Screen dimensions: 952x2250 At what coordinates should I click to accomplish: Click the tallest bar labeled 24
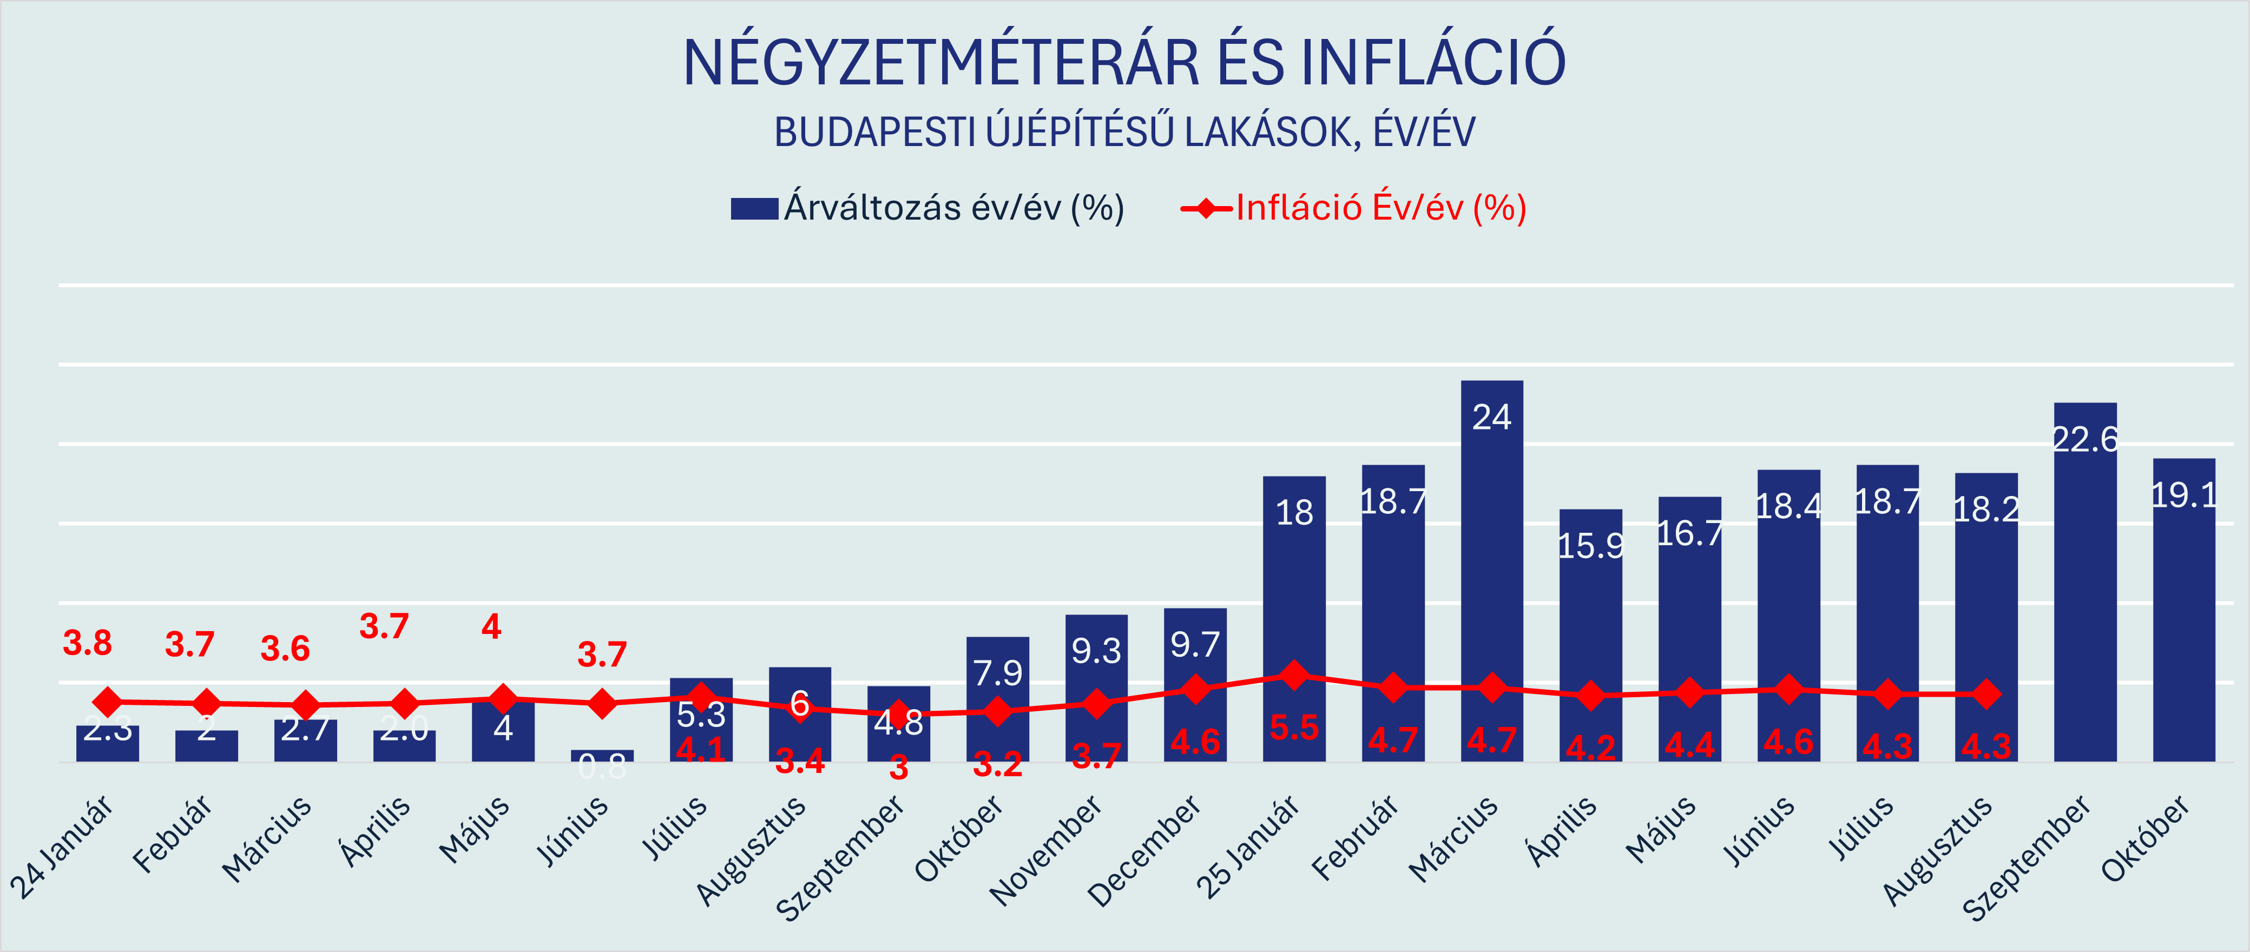(x=1492, y=568)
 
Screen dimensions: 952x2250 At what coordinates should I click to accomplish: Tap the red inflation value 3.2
(x=997, y=765)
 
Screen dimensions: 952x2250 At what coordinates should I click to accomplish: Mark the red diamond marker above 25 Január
(x=1294, y=675)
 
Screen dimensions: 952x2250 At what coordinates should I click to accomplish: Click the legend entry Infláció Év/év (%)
(x=1354, y=208)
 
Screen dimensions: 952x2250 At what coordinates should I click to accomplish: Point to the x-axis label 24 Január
(x=61, y=847)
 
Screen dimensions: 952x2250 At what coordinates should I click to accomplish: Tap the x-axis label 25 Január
(x=1247, y=847)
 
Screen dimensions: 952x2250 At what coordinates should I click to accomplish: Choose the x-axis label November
(x=1047, y=851)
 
